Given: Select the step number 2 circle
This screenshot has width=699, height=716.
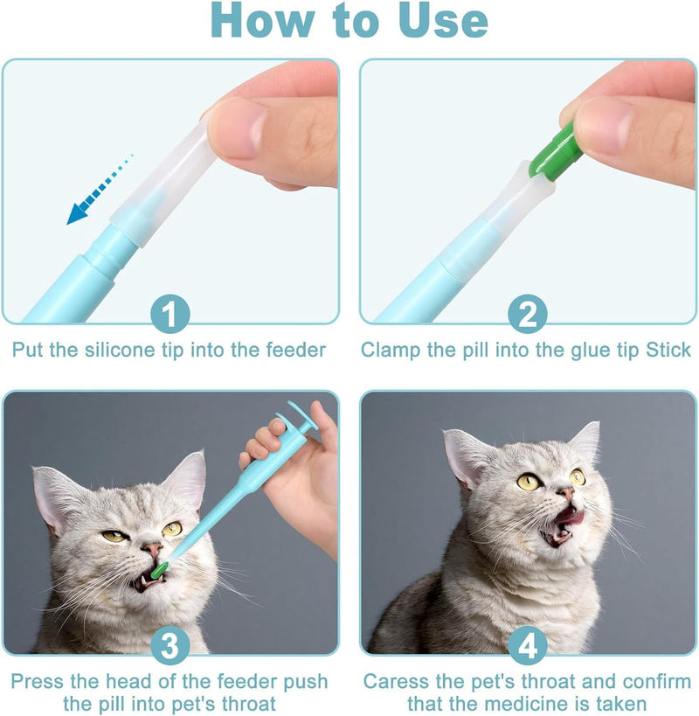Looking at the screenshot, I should click(528, 314).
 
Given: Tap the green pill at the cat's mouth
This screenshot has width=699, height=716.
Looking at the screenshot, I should click(160, 570).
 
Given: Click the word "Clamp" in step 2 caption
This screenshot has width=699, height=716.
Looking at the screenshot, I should click(391, 351).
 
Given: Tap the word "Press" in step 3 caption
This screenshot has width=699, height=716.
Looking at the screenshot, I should click(38, 681).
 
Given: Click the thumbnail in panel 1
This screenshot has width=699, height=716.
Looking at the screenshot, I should click(234, 127).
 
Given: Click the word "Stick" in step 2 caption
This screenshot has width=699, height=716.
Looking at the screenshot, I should click(668, 351).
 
